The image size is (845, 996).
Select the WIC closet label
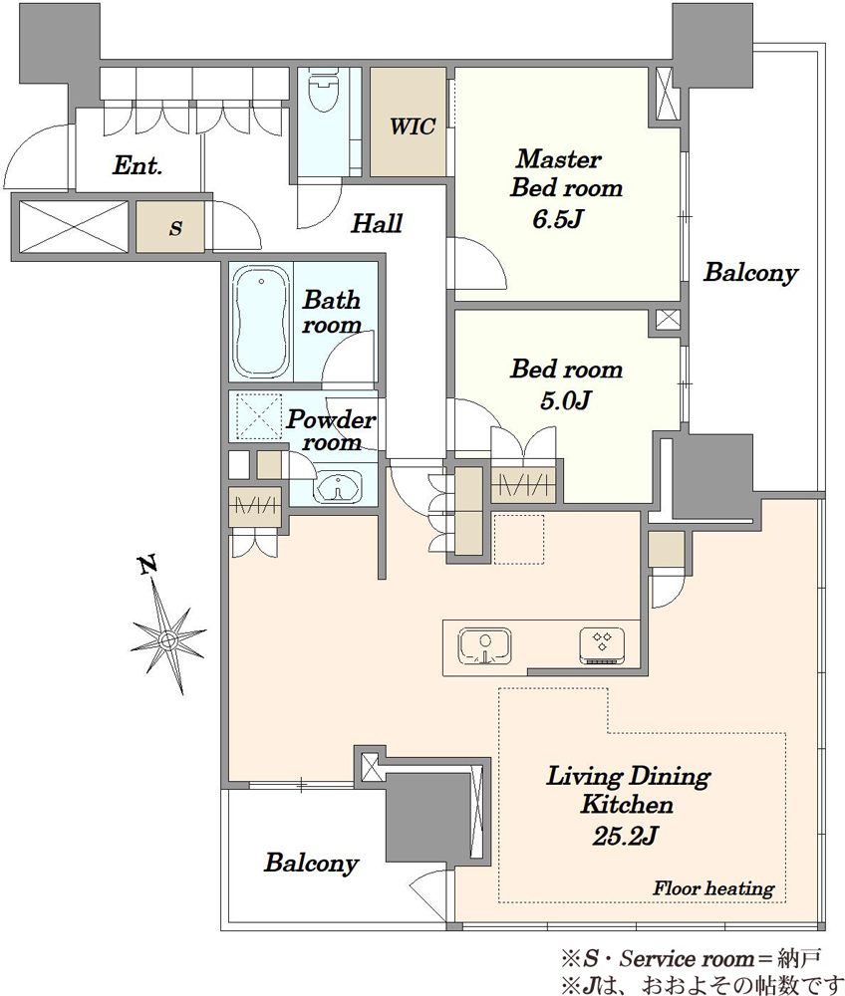(412, 126)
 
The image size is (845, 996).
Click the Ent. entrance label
(138, 166)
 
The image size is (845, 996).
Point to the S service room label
(176, 228)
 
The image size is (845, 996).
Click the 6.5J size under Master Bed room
(557, 219)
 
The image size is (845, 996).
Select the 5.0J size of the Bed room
(565, 400)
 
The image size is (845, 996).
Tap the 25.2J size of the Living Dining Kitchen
(625, 836)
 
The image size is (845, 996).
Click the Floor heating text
(713, 887)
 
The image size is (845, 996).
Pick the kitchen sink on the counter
(484, 647)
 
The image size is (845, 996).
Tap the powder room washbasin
(338, 488)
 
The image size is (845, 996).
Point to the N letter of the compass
(148, 565)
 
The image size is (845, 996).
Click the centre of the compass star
(167, 639)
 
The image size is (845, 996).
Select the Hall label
(377, 223)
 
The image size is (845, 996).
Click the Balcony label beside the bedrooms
(750, 273)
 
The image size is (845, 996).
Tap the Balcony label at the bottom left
(311, 864)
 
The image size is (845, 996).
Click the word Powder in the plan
(331, 419)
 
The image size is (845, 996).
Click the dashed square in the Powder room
(259, 416)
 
